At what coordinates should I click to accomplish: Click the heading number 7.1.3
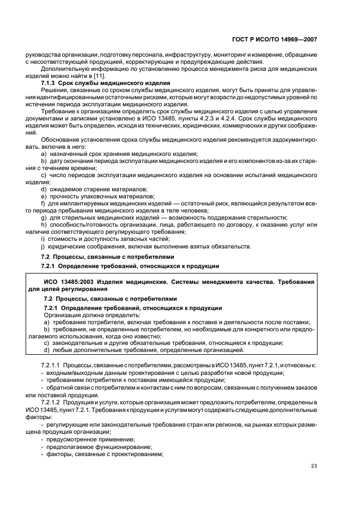click(51, 83)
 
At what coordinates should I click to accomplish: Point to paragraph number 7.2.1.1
click(53, 363)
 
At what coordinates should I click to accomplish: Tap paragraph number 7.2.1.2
click(53, 401)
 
